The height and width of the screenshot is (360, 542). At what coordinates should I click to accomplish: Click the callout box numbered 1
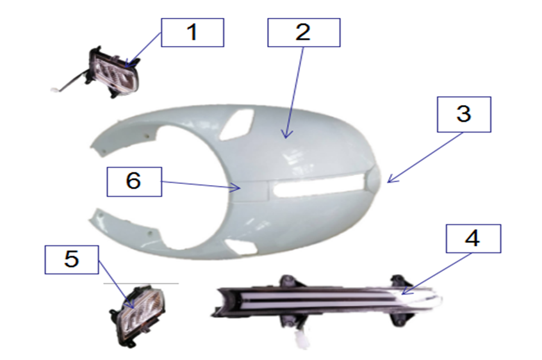193,33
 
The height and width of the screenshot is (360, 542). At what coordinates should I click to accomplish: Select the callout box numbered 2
304,33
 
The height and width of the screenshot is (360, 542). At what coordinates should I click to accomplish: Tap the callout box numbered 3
464,115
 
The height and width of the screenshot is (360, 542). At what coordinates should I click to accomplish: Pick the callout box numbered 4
473,238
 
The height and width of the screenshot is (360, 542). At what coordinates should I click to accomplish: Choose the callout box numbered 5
72,260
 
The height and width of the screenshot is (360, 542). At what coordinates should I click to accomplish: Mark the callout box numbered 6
134,182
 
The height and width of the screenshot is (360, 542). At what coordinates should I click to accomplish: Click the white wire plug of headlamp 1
55,90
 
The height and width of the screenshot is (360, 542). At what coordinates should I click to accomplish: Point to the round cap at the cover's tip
373,179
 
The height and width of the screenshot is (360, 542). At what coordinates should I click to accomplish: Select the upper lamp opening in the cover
238,124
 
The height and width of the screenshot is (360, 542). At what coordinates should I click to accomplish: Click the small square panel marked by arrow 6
252,191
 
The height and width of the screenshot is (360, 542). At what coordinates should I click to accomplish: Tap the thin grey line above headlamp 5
141,284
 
